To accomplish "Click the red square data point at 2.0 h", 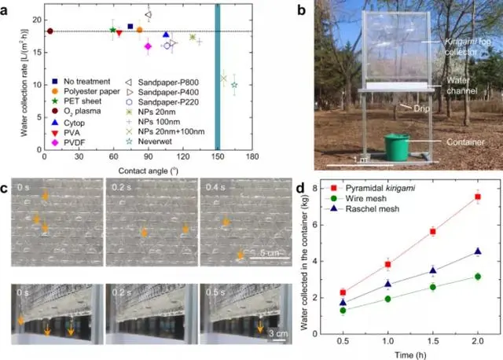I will [x=477, y=197].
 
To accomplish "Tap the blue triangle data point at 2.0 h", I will [x=477, y=252].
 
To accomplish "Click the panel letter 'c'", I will [x=6, y=189].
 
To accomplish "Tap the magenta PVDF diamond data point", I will [x=148, y=46].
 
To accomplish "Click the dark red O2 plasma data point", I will [x=50, y=31].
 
